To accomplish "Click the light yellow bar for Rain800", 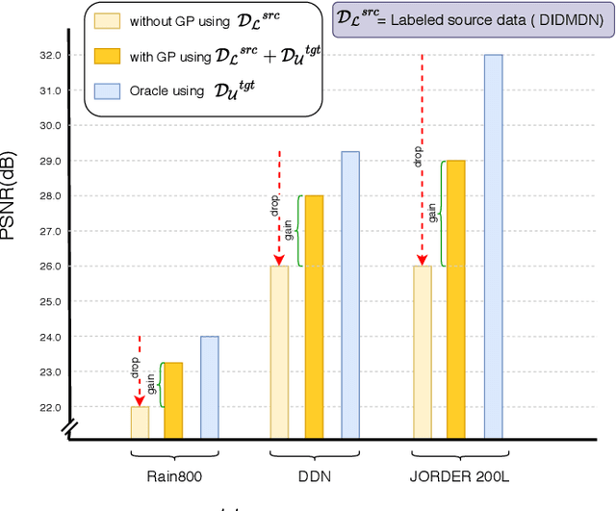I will pyautogui.click(x=140, y=422).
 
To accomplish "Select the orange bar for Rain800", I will pyautogui.click(x=173, y=400).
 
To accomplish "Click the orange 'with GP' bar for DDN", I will pyautogui.click(x=314, y=317).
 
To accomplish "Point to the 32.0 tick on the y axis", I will pyautogui.click(x=50, y=56).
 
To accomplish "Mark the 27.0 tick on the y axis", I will pyautogui.click(x=50, y=231).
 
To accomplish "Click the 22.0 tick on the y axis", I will pyautogui.click(x=50, y=407).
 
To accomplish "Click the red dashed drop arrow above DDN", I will pyautogui.click(x=278, y=207).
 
